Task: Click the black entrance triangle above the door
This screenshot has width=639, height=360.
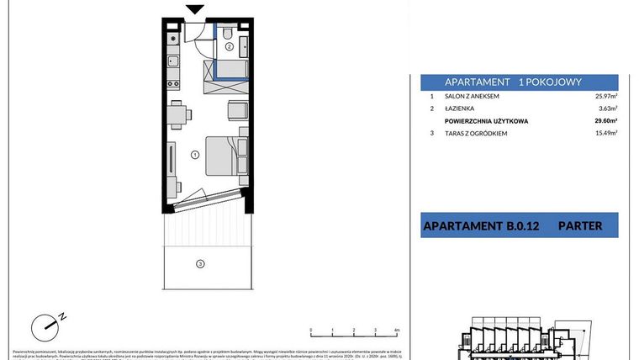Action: pyautogui.click(x=195, y=9)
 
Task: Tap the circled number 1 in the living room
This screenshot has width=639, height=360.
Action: pyautogui.click(x=194, y=154)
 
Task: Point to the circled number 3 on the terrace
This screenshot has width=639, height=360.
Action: pyautogui.click(x=200, y=264)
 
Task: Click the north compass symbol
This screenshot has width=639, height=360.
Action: pyautogui.click(x=46, y=324)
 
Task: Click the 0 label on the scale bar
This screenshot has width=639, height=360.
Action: pyautogui.click(x=311, y=331)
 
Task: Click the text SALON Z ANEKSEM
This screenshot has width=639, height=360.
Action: pyautogui.click(x=474, y=98)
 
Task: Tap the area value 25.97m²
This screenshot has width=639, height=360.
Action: pyautogui.click(x=606, y=98)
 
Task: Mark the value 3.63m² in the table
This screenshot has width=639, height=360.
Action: pyautogui.click(x=609, y=109)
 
